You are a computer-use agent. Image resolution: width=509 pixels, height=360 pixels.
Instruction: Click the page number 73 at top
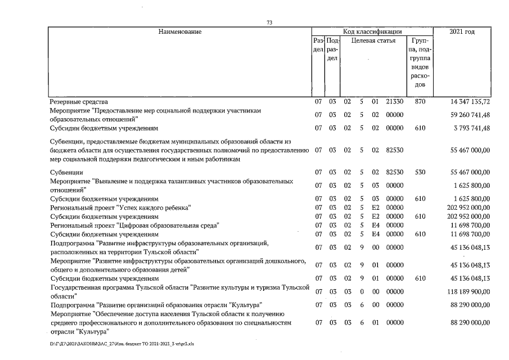pos(269,22)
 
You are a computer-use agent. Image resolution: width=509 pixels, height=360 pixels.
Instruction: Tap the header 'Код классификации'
pos(372,31)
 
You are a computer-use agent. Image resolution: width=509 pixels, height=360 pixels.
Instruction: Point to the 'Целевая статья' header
pos(373,41)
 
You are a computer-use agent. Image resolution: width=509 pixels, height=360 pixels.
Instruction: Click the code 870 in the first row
pos(420,102)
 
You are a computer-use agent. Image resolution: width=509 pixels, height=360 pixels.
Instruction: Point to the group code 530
pos(420,172)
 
